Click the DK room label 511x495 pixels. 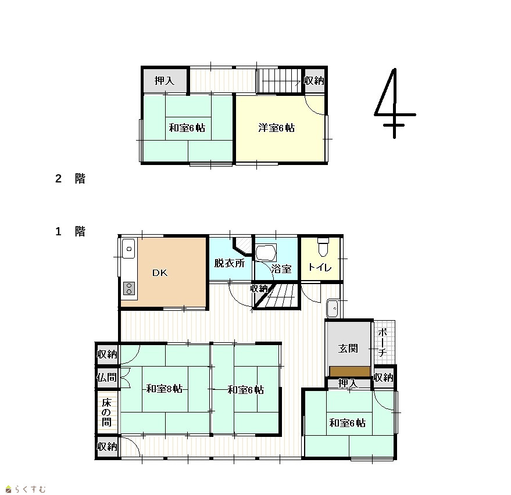coord(160,272)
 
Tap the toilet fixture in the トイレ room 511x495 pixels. coord(323,247)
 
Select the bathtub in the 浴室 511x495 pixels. coord(266,253)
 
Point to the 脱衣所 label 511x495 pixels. coord(230,263)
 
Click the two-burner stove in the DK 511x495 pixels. coord(129,289)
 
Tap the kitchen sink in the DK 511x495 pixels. coord(128,249)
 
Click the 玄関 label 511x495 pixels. coord(348,349)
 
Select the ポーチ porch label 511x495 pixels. coord(383,342)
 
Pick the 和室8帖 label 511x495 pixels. coord(165,389)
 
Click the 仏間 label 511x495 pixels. coord(106,378)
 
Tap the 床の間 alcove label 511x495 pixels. coord(106,412)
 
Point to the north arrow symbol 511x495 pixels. coord(395,103)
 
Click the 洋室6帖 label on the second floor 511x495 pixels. coord(276,128)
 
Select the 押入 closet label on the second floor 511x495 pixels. coord(165,80)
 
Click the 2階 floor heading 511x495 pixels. coord(70,178)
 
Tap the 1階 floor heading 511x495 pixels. coord(70,232)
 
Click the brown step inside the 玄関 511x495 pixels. coord(350,372)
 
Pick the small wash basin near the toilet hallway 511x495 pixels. coord(333,308)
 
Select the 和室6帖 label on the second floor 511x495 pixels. coord(187,128)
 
